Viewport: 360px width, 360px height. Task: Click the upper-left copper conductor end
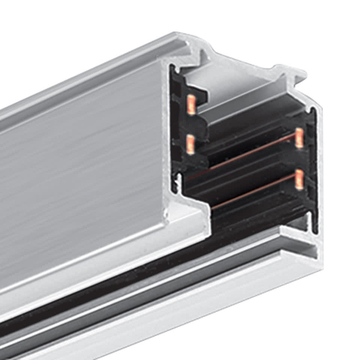pos(191,105)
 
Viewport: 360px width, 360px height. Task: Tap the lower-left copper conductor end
pos(190,144)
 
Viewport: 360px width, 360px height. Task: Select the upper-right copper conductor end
pos(299,138)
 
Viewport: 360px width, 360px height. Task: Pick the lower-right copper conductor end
pos(299,179)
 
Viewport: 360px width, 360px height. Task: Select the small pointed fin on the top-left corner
pos(205,56)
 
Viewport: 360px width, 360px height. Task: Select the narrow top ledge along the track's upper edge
pos(94,75)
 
